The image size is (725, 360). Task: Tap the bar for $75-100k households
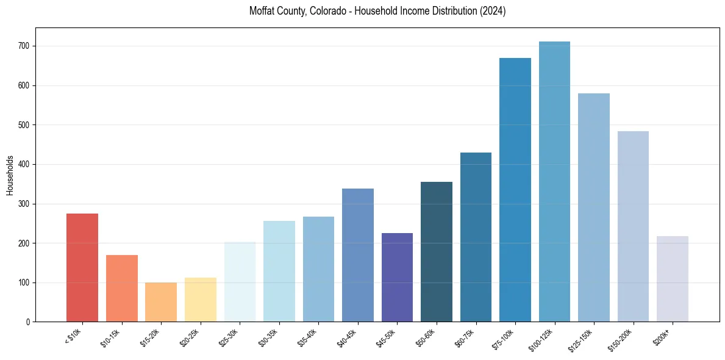pos(515,190)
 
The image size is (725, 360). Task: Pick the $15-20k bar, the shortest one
pos(161,302)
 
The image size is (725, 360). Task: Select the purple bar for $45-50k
pos(397,277)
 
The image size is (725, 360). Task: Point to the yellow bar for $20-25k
pos(201,300)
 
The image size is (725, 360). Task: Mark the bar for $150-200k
pos(633,226)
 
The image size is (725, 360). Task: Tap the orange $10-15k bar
pos(122,288)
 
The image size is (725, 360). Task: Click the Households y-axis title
pos(10,175)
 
